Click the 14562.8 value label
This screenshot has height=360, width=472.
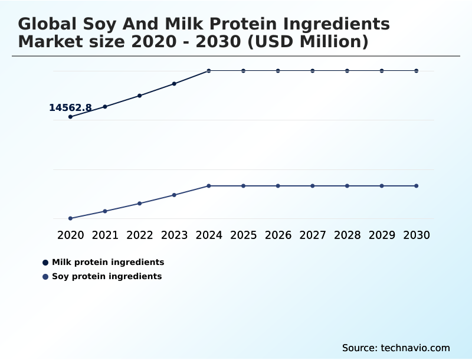coord(70,107)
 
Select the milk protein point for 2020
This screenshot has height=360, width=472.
coord(70,117)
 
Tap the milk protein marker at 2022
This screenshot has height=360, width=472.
coord(140,96)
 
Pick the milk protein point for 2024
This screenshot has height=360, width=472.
coord(209,71)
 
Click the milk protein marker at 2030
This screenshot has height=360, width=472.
coord(417,71)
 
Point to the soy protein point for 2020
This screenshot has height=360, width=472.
coord(70,218)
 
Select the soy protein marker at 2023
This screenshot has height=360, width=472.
coord(174,195)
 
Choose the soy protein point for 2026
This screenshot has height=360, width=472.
coord(278,186)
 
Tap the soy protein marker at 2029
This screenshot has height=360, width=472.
coord(382,186)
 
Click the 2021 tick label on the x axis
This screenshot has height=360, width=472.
coord(105,235)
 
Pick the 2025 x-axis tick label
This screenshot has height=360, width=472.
coord(243,235)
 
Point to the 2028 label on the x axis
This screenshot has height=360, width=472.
coord(347,235)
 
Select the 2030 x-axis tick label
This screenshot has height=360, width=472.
coord(417,235)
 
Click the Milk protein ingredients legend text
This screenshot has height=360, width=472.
coord(108,262)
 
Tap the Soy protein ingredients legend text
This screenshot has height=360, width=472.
coord(107,276)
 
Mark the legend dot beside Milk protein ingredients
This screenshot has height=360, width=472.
coord(45,262)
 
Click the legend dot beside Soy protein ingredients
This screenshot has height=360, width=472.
coord(45,276)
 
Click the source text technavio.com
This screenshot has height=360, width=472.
coord(415,348)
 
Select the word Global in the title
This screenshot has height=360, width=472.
coord(47,24)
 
